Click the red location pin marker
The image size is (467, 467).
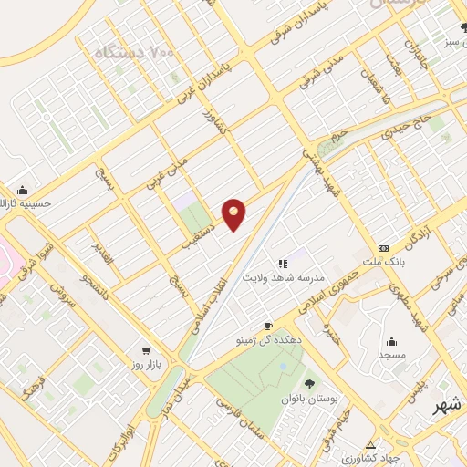234,213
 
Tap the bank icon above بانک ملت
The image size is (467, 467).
383,248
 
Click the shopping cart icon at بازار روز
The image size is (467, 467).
145,349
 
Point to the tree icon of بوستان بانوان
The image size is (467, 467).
312,383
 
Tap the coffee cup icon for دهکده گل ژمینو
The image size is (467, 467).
268,326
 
